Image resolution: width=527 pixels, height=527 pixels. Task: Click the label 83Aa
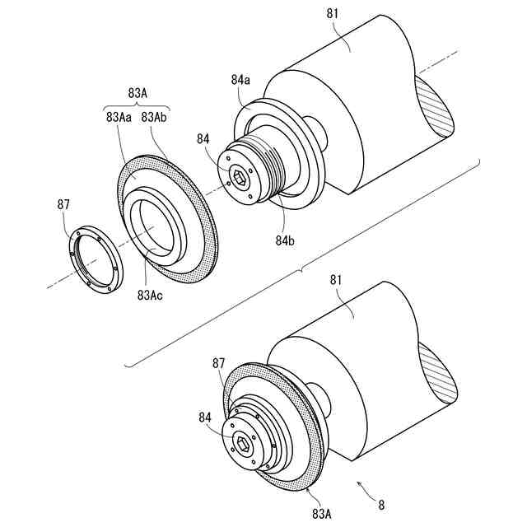pyautogui.click(x=119, y=118)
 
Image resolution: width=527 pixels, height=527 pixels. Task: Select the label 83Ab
pyautogui.click(x=155, y=118)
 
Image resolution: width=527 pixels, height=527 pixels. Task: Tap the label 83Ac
pyautogui.click(x=151, y=294)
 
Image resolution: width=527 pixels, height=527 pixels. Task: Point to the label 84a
pyautogui.click(x=240, y=80)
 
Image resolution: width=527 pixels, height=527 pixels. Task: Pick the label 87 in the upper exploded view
pyautogui.click(x=63, y=203)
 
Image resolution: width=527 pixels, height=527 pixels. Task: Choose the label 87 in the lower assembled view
pyautogui.click(x=218, y=362)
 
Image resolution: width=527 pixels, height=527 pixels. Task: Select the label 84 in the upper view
pyautogui.click(x=203, y=140)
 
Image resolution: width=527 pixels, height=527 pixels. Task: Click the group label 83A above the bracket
pyautogui.click(x=137, y=93)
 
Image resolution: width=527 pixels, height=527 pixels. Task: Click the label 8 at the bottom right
pyautogui.click(x=380, y=503)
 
